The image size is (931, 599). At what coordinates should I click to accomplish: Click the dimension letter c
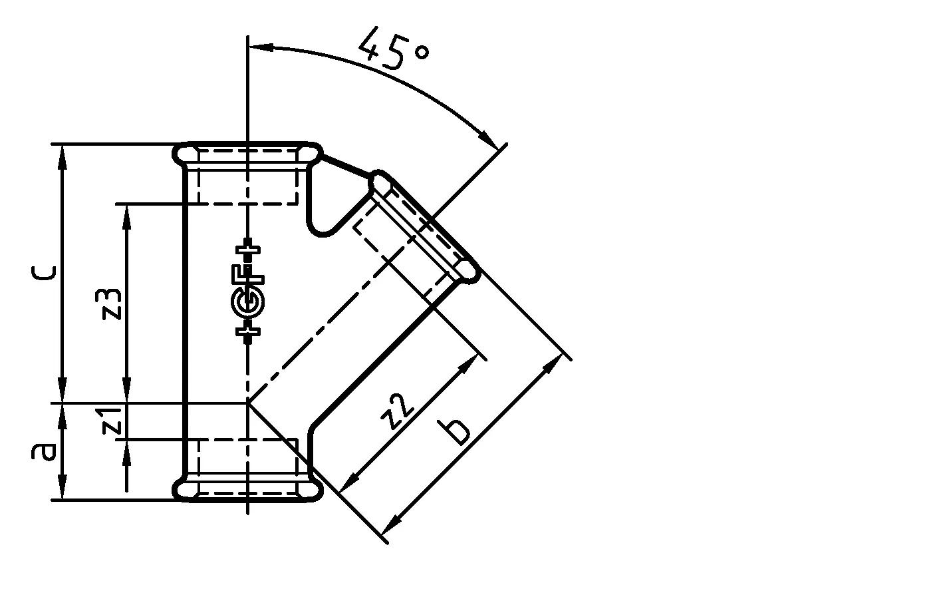[43, 272]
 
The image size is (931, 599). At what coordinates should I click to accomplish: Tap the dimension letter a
[43, 452]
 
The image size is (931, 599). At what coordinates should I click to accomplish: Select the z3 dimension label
[112, 303]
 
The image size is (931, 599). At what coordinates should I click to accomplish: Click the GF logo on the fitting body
[248, 292]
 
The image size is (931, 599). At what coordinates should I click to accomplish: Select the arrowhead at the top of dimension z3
[126, 212]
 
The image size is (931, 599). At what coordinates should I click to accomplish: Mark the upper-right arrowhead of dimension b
[555, 363]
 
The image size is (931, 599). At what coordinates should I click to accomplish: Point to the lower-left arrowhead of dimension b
[392, 520]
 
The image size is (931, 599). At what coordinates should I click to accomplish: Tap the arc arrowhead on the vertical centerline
[257, 47]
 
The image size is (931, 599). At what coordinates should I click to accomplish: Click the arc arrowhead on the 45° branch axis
[490, 141]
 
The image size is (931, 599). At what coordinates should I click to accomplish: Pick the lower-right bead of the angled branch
[469, 272]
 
